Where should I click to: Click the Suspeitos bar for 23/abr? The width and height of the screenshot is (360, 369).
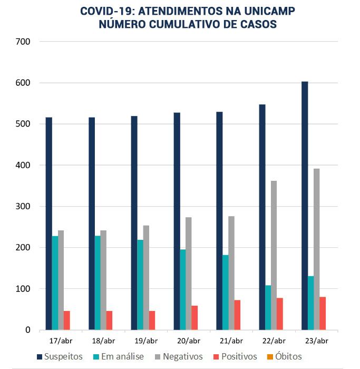305,206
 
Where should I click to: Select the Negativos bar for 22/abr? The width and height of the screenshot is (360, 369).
274,255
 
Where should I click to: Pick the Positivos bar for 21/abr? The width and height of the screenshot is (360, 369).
237,315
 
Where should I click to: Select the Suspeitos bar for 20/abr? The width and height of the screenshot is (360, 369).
177,221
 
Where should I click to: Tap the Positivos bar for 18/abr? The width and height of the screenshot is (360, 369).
109,320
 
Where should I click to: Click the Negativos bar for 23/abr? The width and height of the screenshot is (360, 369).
316,249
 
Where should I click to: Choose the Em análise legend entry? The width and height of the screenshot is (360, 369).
119,357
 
